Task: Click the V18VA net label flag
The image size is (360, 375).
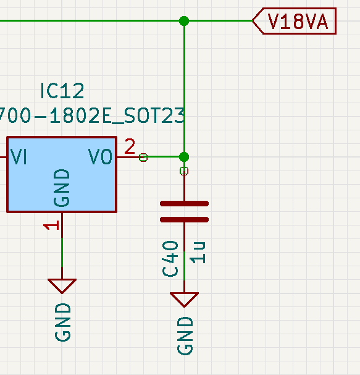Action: click(x=295, y=21)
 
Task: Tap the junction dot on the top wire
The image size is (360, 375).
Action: click(x=184, y=21)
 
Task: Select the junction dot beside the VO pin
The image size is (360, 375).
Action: click(x=184, y=157)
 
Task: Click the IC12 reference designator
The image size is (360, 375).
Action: click(x=62, y=91)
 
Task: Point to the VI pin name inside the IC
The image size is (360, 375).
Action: click(x=19, y=157)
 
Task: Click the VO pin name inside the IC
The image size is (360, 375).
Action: click(x=101, y=157)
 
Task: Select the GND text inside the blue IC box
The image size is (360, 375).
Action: click(x=62, y=188)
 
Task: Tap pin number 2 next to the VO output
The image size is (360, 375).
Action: click(x=130, y=146)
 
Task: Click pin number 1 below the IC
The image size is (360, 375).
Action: click(x=51, y=225)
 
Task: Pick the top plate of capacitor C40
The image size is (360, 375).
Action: click(x=184, y=203)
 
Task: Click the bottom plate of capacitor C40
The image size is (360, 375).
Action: click(x=184, y=219)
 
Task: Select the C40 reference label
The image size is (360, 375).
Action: click(x=170, y=258)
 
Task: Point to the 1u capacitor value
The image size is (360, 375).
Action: click(x=198, y=253)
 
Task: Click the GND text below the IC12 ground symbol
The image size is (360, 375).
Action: click(x=63, y=322)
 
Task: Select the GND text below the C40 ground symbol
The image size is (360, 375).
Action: click(x=185, y=336)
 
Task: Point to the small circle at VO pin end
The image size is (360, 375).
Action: click(x=143, y=158)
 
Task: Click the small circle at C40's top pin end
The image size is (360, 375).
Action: click(x=184, y=171)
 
